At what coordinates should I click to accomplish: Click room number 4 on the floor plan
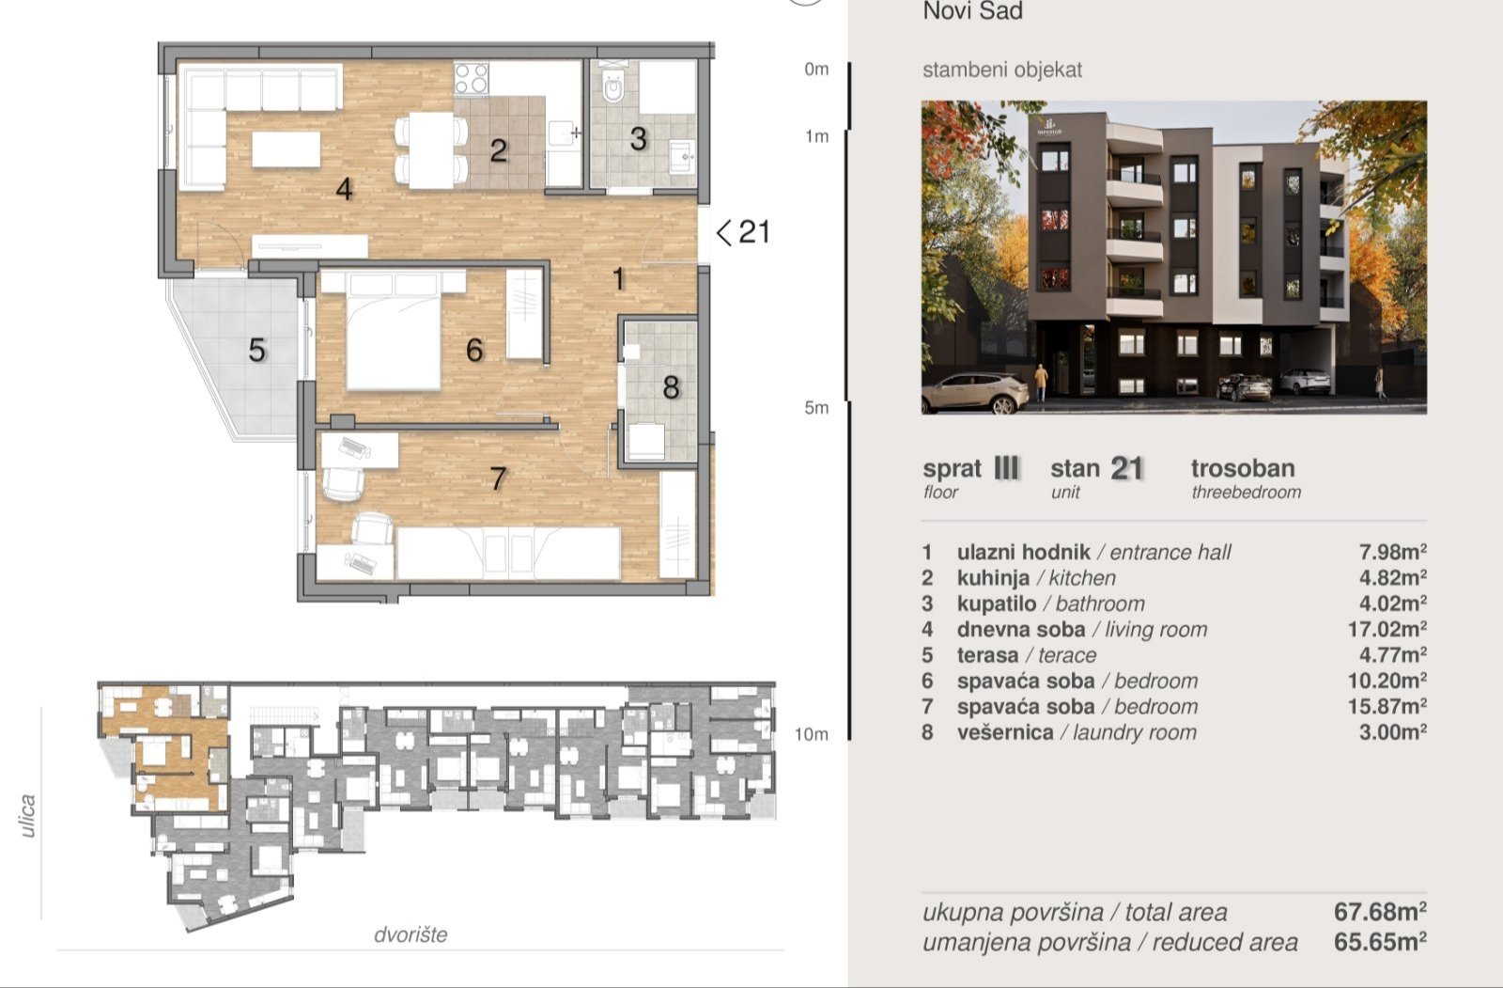[x=344, y=189]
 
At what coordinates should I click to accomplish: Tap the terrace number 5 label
[x=257, y=350]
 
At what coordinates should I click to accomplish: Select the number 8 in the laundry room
[x=671, y=387]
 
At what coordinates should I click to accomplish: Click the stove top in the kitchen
[x=471, y=78]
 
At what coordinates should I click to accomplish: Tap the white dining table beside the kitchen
[x=431, y=150]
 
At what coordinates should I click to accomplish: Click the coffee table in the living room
[x=287, y=149]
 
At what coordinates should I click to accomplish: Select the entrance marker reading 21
[x=743, y=232]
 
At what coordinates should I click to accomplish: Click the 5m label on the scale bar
[x=816, y=408]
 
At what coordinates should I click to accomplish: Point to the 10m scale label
[x=812, y=734]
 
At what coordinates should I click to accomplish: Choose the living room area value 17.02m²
[x=1387, y=629]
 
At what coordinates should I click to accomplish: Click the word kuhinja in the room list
[x=993, y=577]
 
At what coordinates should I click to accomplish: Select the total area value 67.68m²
[x=1380, y=912]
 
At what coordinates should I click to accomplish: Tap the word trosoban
[x=1243, y=468]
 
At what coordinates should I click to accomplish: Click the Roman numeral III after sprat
[x=1006, y=467]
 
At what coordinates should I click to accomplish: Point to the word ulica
[x=27, y=816]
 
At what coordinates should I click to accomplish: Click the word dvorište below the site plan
[x=411, y=934]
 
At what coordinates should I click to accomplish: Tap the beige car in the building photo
[x=975, y=392]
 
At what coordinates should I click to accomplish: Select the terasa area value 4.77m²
[x=1393, y=655]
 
